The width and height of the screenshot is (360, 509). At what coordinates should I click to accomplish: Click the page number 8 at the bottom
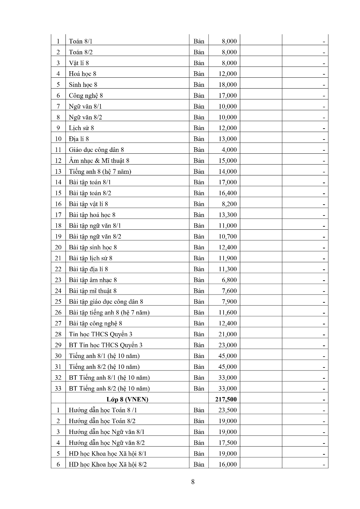[x=193, y=482]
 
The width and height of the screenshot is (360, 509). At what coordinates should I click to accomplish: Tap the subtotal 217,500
[x=226, y=399]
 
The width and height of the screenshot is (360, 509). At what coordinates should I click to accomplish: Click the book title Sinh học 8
[x=83, y=84]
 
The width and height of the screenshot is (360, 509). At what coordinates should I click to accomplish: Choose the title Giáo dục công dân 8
[x=96, y=150]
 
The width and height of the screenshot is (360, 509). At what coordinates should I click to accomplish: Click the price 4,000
[x=229, y=150]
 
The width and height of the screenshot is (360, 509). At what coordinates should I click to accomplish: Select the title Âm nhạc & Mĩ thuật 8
[x=99, y=161]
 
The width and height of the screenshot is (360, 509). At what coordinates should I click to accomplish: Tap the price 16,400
[x=227, y=193]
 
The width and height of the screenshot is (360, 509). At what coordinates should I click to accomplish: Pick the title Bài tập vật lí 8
[x=88, y=204]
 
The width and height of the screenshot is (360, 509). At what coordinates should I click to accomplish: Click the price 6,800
[x=229, y=280]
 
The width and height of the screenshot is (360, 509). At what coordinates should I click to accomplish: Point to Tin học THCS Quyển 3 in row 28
[x=100, y=334]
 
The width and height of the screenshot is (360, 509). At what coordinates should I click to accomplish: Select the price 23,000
[x=227, y=345]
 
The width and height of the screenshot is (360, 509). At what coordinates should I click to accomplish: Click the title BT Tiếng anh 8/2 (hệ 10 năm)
[x=109, y=389]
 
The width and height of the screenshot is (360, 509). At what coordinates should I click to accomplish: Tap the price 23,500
[x=227, y=410]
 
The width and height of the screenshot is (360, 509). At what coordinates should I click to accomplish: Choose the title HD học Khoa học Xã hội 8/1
[x=108, y=454]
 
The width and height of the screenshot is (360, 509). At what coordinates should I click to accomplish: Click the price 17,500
[x=227, y=443]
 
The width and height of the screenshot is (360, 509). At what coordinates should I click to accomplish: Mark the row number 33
[x=58, y=389]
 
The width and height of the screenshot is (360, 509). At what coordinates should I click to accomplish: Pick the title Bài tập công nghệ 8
[x=95, y=323]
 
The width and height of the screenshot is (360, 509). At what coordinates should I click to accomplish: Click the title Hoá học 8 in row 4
[x=82, y=74]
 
